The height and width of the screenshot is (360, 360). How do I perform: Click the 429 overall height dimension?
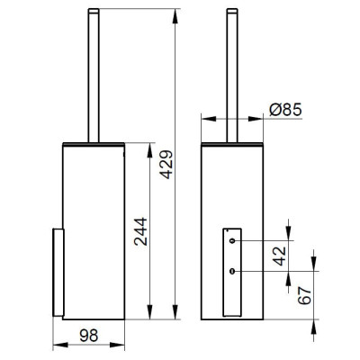(x=166, y=165)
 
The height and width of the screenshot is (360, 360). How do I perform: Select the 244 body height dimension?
(x=140, y=231)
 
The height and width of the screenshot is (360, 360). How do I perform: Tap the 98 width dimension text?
(x=89, y=335)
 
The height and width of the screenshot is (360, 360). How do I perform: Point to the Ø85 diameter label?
(x=285, y=110)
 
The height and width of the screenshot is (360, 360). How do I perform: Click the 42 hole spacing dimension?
(x=280, y=256)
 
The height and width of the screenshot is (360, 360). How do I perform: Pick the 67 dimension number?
(x=305, y=295)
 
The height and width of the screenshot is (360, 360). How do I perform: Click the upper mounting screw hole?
(x=232, y=240)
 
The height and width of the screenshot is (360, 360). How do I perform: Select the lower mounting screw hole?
(x=232, y=271)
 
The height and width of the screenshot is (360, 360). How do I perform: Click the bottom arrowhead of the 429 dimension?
(x=175, y=312)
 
